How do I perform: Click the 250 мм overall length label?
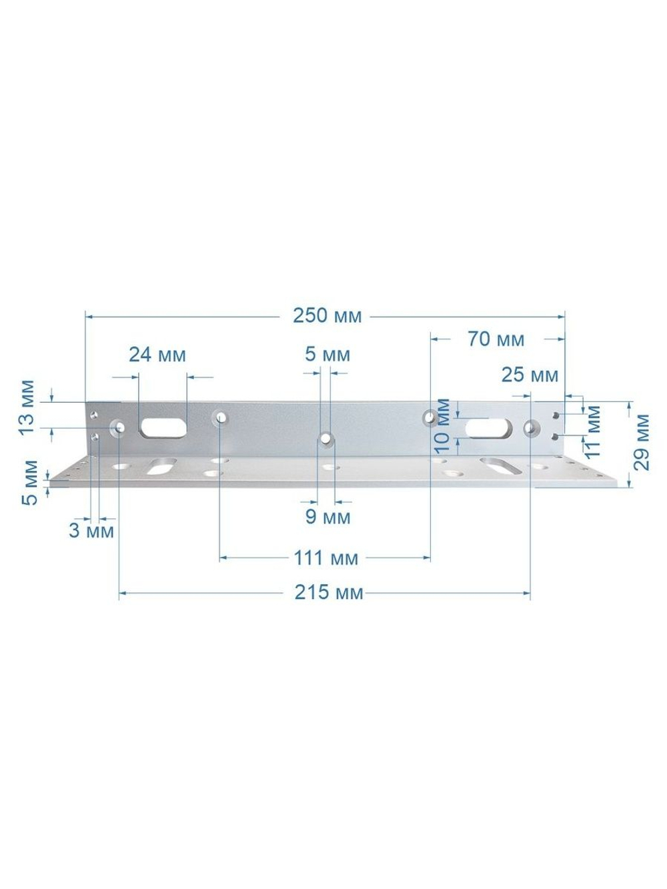click(327, 316)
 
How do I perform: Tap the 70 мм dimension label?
click(496, 339)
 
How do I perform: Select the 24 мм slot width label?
click(157, 355)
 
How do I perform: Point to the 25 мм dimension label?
click(530, 375)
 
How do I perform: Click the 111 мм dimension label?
click(326, 558)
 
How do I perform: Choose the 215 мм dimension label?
click(328, 592)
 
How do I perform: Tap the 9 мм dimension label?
click(327, 518)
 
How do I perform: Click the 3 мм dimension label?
click(91, 531)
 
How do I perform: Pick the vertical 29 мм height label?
click(641, 442)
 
